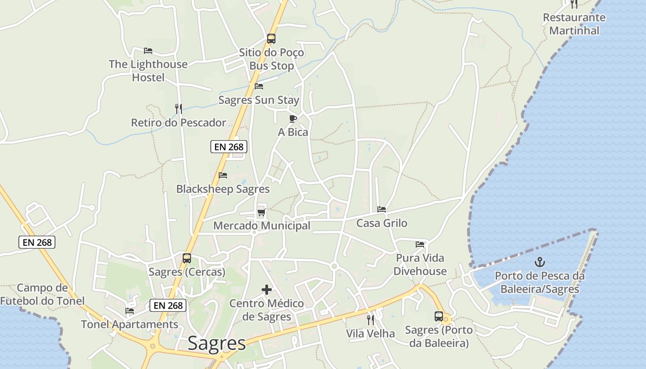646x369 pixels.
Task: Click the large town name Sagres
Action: point(216,344)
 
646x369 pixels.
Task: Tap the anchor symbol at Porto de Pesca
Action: point(539,262)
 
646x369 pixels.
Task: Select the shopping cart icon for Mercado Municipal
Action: point(262,212)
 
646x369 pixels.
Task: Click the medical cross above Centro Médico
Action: point(267,290)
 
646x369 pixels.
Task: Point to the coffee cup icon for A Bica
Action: point(293,119)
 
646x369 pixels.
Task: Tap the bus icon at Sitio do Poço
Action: point(271,39)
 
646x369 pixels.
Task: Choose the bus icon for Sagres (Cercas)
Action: point(187,258)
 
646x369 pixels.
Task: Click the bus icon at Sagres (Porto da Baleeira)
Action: point(439,316)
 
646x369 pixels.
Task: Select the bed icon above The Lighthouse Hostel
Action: point(148,51)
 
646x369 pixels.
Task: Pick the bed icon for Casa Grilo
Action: point(382,209)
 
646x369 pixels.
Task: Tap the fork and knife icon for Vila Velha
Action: point(371,320)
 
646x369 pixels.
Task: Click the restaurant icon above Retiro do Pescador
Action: point(179,109)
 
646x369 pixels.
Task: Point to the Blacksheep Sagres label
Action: point(223,189)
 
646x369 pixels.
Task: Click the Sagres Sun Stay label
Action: point(259,100)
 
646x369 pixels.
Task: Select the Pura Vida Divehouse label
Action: point(420,264)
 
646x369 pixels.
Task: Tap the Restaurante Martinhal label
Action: point(574,24)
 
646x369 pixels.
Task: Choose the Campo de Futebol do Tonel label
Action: point(42,294)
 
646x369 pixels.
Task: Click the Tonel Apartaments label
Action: point(130,324)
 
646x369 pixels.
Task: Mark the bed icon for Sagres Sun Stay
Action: point(259,86)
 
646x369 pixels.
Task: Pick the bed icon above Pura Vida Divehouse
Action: point(420,244)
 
